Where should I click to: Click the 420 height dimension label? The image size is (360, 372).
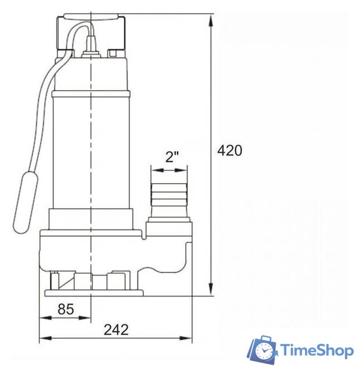230,151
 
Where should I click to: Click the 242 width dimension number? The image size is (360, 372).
116,330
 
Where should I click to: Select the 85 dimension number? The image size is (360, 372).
66,309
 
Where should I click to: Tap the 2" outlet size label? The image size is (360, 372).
172,157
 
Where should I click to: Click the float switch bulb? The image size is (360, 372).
26,202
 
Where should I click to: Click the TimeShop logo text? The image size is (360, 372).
317,350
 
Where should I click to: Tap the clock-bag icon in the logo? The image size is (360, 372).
262,349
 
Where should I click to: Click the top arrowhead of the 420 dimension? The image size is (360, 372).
210,20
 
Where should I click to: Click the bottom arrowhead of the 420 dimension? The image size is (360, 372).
210,289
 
